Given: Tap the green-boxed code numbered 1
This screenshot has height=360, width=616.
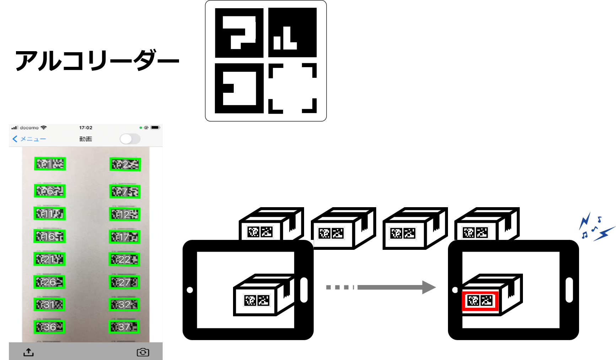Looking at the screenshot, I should (x=50, y=164).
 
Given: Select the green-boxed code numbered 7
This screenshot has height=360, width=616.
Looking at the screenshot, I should (x=125, y=192).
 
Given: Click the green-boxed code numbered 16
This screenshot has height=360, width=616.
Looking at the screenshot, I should (x=50, y=236).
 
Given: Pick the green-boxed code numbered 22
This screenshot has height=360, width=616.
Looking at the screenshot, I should (x=124, y=259).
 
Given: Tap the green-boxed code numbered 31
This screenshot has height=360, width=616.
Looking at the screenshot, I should (x=49, y=305).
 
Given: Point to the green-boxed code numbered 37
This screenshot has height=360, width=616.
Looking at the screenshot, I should (x=124, y=327).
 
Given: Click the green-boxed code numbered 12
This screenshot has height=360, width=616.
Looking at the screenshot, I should (x=125, y=214).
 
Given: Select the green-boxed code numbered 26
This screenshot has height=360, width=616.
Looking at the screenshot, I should (x=49, y=282).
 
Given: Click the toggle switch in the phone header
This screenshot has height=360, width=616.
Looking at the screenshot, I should (x=130, y=139).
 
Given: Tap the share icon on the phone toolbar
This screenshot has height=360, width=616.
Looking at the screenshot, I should (x=28, y=352).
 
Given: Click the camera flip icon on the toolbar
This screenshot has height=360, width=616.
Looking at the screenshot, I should (x=143, y=352).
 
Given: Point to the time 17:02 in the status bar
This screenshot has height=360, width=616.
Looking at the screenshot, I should (x=86, y=128).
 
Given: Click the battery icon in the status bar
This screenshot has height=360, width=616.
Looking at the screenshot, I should (x=155, y=128).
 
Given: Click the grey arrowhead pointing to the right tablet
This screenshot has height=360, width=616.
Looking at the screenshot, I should (x=428, y=287).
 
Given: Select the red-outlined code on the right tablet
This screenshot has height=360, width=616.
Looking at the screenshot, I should (x=480, y=301).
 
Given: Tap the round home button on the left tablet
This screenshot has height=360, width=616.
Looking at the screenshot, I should (x=190, y=290).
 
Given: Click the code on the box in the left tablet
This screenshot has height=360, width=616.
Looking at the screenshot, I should (x=256, y=301).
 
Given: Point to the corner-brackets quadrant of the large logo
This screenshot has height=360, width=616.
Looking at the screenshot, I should (x=292, y=88).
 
